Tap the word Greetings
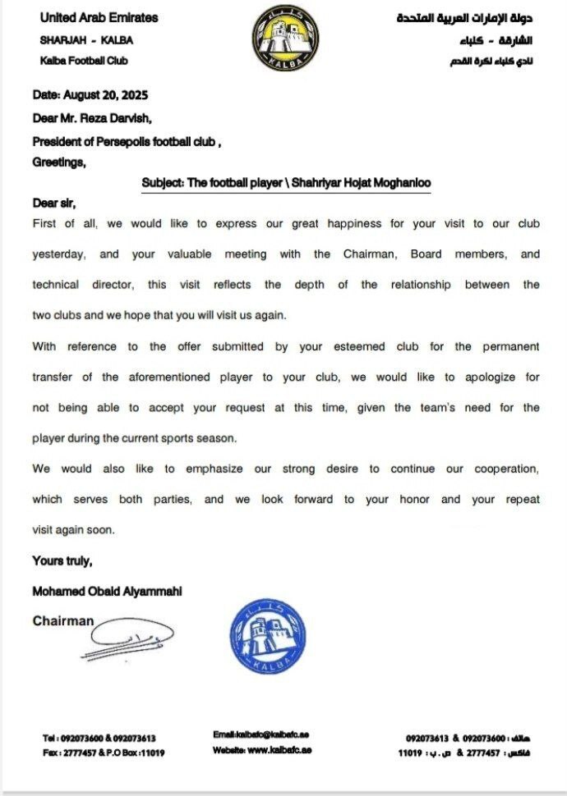(58, 162)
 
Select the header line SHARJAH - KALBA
(86, 39)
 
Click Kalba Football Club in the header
(84, 61)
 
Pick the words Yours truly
(62, 561)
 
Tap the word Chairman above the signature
(63, 621)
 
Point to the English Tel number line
(99, 739)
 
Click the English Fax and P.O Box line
(104, 753)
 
